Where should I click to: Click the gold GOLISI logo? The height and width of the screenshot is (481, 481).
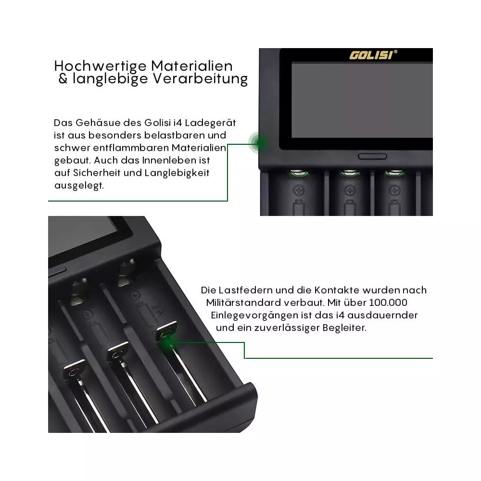coord(371,55)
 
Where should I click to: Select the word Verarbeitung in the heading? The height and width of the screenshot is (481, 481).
coord(200,79)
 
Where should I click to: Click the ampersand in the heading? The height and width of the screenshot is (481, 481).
coord(63,79)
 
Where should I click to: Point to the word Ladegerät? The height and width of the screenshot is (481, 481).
coord(210,123)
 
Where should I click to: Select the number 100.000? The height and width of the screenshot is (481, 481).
coord(388,303)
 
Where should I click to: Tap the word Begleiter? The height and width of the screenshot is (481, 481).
coord(344,328)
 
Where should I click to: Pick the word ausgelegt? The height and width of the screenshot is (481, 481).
coord(79,186)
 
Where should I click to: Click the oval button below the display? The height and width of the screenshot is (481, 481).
coord(372,157)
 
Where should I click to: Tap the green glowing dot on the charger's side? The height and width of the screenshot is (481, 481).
coord(260,143)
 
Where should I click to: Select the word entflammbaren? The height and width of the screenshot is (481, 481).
coord(131,148)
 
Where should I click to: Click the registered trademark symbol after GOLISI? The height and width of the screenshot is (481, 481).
coord(395,52)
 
